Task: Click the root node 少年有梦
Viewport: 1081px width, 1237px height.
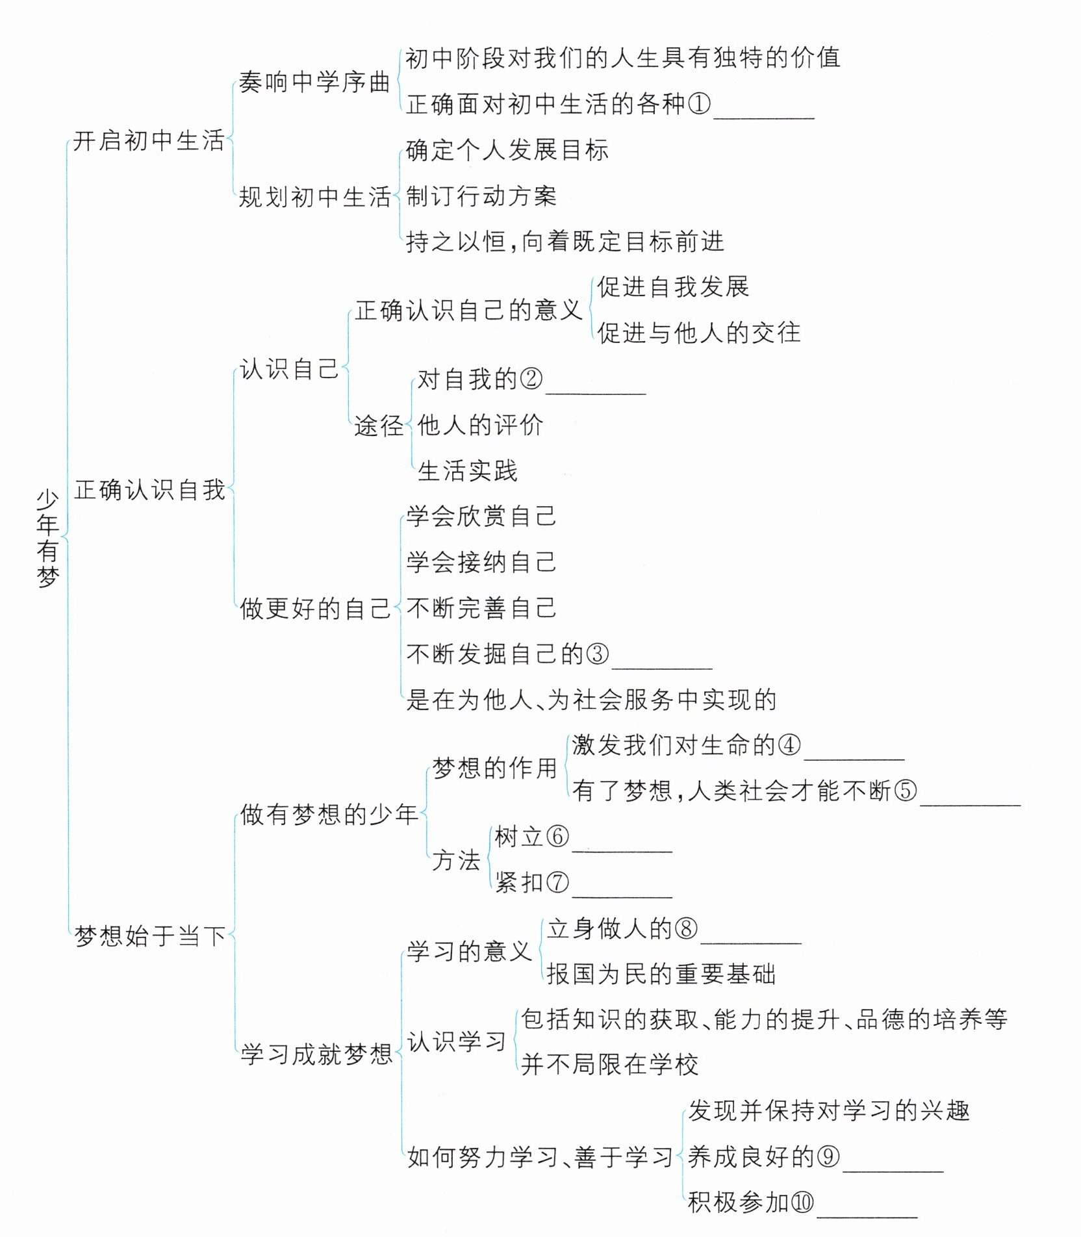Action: [x=47, y=539]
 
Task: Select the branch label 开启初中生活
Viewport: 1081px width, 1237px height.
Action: [x=148, y=141]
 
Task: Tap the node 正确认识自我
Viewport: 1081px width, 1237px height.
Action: [x=149, y=490]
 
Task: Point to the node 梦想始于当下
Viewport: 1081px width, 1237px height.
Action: [x=150, y=936]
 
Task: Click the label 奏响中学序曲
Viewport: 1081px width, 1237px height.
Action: [x=314, y=83]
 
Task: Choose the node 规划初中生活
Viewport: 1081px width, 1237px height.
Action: [x=314, y=197]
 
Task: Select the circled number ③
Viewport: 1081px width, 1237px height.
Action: [x=597, y=654]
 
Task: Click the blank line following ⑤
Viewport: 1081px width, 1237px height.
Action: [x=971, y=800]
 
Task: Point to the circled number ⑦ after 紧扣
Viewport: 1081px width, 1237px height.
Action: [x=557, y=882]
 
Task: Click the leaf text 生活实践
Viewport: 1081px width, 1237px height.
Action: [x=467, y=471]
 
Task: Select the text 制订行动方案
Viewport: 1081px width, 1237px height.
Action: [x=481, y=196]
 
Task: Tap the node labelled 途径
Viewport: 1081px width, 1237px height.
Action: [x=378, y=426]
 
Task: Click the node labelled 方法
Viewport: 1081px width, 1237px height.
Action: [x=456, y=860]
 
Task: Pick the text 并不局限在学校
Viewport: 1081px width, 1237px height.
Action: [x=609, y=1065]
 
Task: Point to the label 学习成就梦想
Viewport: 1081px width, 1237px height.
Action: [x=316, y=1054]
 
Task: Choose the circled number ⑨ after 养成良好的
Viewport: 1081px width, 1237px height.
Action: [x=828, y=1157]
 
